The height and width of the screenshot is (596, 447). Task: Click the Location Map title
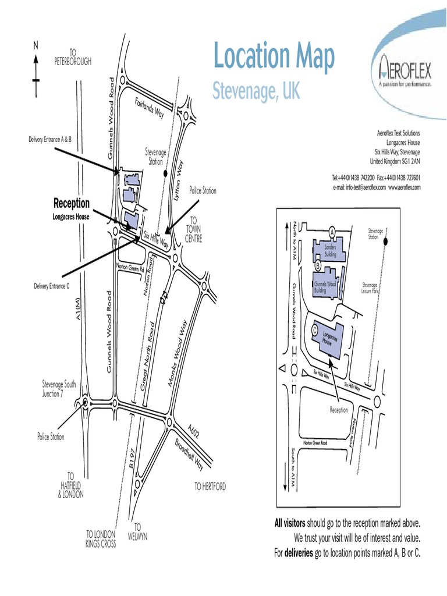(274, 57)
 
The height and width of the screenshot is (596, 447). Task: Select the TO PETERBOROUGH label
(73, 58)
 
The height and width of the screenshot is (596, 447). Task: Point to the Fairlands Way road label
(150, 108)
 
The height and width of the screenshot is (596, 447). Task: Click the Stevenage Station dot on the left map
(166, 173)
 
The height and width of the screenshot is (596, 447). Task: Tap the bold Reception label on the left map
(72, 204)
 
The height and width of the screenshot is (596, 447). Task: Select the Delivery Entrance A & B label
(49, 140)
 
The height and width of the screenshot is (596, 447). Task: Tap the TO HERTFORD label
(210, 487)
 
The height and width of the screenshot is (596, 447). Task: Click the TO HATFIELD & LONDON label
(71, 485)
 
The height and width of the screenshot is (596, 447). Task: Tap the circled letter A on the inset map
(332, 231)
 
